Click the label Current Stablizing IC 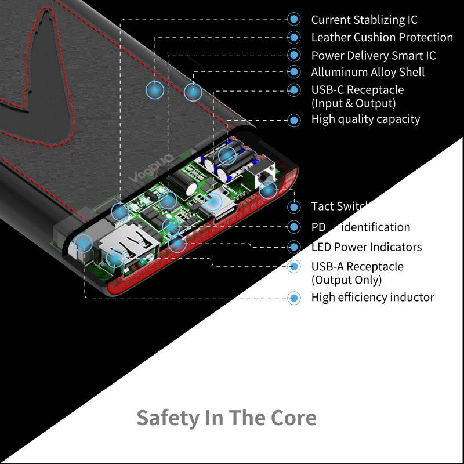[364, 20]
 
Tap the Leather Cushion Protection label [382, 37]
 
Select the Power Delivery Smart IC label [373, 56]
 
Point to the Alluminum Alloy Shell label [368, 72]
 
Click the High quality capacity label [365, 119]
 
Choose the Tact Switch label [339, 206]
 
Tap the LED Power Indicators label [366, 246]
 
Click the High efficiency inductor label [372, 298]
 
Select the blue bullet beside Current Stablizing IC [295, 20]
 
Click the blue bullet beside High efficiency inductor [295, 298]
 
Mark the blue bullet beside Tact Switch [295, 206]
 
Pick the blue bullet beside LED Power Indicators [295, 246]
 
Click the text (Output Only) [346, 280]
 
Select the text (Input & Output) [353, 103]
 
